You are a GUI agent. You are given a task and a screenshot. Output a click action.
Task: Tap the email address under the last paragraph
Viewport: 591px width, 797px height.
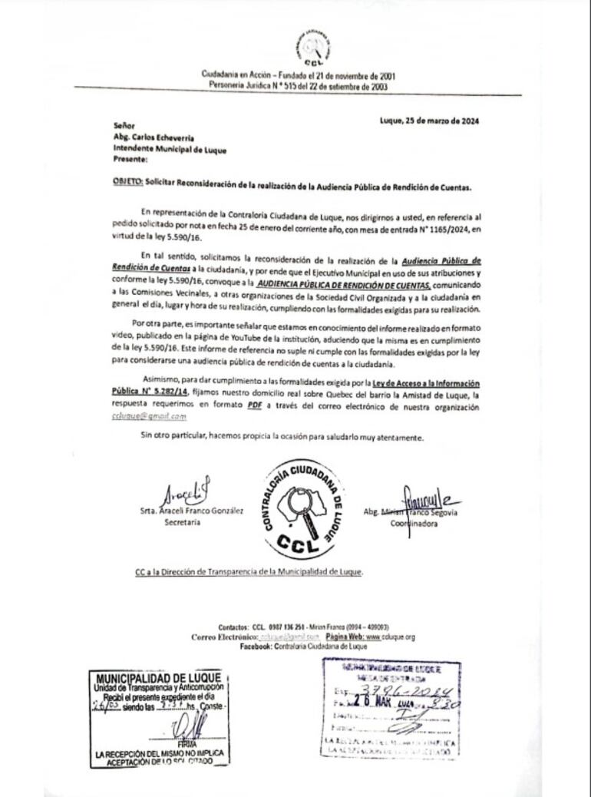[x=148, y=416]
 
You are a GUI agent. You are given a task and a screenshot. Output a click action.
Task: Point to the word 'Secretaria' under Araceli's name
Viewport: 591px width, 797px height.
[x=182, y=522]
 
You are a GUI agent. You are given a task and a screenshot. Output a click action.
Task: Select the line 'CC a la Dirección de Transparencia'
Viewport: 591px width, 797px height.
[x=248, y=572]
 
